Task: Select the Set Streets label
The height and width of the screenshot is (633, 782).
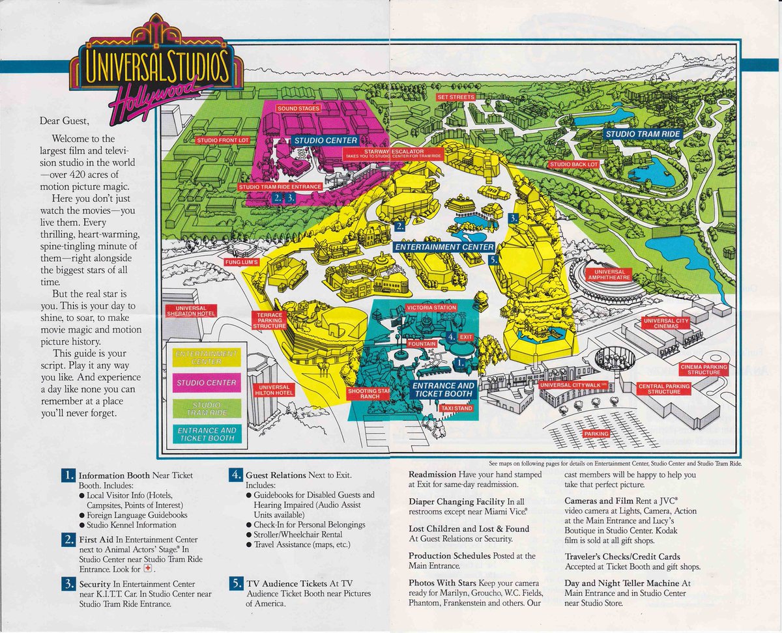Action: (x=456, y=97)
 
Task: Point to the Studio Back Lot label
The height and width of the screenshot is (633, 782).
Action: (x=574, y=165)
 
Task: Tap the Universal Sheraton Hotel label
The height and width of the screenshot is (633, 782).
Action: (x=190, y=312)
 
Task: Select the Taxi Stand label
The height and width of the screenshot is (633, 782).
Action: (x=456, y=408)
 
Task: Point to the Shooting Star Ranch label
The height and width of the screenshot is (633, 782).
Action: (x=369, y=393)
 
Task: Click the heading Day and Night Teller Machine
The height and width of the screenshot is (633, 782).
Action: (x=627, y=584)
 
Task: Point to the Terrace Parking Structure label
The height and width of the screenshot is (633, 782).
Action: (x=268, y=320)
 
